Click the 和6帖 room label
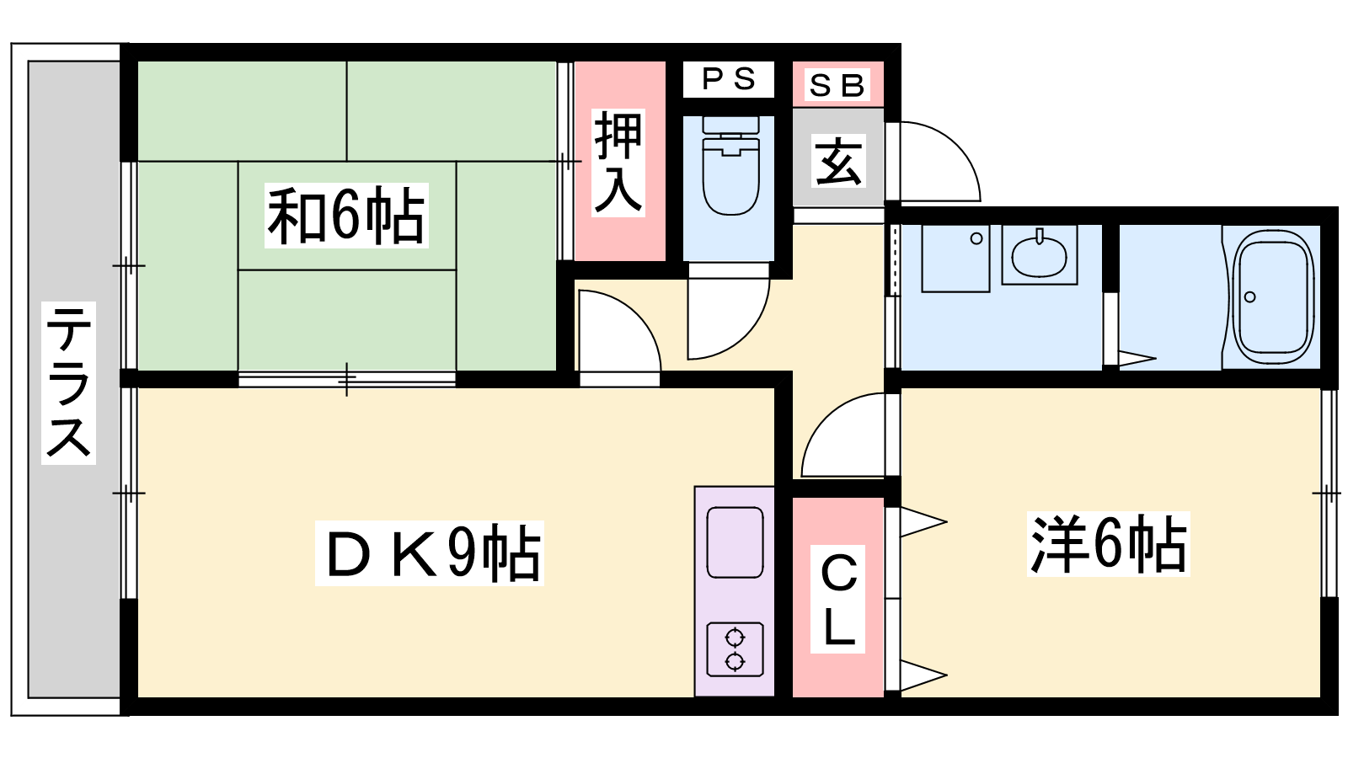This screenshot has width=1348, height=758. tap(346, 216)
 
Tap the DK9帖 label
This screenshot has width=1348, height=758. tap(429, 552)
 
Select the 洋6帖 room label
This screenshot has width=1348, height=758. tap(1109, 544)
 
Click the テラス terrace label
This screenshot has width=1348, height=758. tap(68, 382)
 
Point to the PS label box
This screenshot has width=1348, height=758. tap(728, 79)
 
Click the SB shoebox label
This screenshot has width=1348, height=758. tap(837, 85)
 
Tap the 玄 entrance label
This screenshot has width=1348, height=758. tap(838, 161)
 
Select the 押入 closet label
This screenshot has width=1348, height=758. tap(618, 163)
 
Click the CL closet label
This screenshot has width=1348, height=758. tap(837, 599)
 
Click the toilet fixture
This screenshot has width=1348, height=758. tap(730, 166)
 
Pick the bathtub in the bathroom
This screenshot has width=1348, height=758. tap(1273, 297)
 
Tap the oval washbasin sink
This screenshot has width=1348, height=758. tap(1040, 256)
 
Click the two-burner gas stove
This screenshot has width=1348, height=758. tap(735, 649)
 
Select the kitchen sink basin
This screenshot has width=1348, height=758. tap(735, 542)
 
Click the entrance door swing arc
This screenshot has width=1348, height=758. tap(932, 161)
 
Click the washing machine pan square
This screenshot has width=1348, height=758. tap(955, 259)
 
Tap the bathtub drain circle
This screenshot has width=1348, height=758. tap(1250, 297)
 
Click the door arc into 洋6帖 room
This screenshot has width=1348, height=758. tap(842, 435)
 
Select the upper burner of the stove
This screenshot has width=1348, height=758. tap(735, 637)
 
